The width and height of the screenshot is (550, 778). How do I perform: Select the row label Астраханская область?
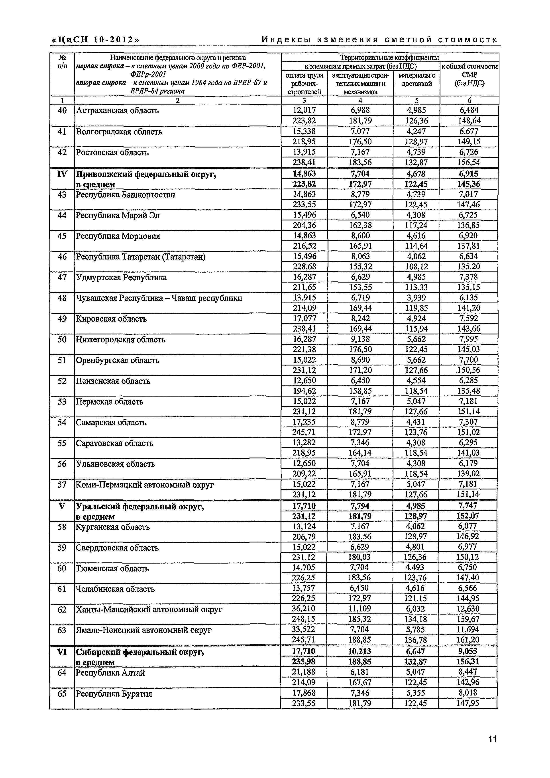click(x=117, y=110)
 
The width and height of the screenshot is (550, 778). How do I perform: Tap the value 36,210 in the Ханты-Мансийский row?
click(x=304, y=609)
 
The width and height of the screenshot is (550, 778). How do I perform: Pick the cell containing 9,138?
click(x=360, y=339)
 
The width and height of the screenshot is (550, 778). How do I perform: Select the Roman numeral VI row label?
click(x=62, y=651)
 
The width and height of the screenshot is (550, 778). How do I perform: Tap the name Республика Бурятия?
click(x=114, y=694)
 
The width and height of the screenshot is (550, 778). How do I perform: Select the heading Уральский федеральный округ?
click(x=140, y=507)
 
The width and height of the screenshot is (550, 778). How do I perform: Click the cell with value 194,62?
click(x=304, y=391)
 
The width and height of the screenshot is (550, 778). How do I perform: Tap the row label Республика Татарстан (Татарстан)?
click(x=141, y=257)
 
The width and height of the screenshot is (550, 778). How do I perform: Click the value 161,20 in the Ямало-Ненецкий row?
click(x=468, y=640)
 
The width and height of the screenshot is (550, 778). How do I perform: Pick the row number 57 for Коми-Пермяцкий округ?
click(x=62, y=485)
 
